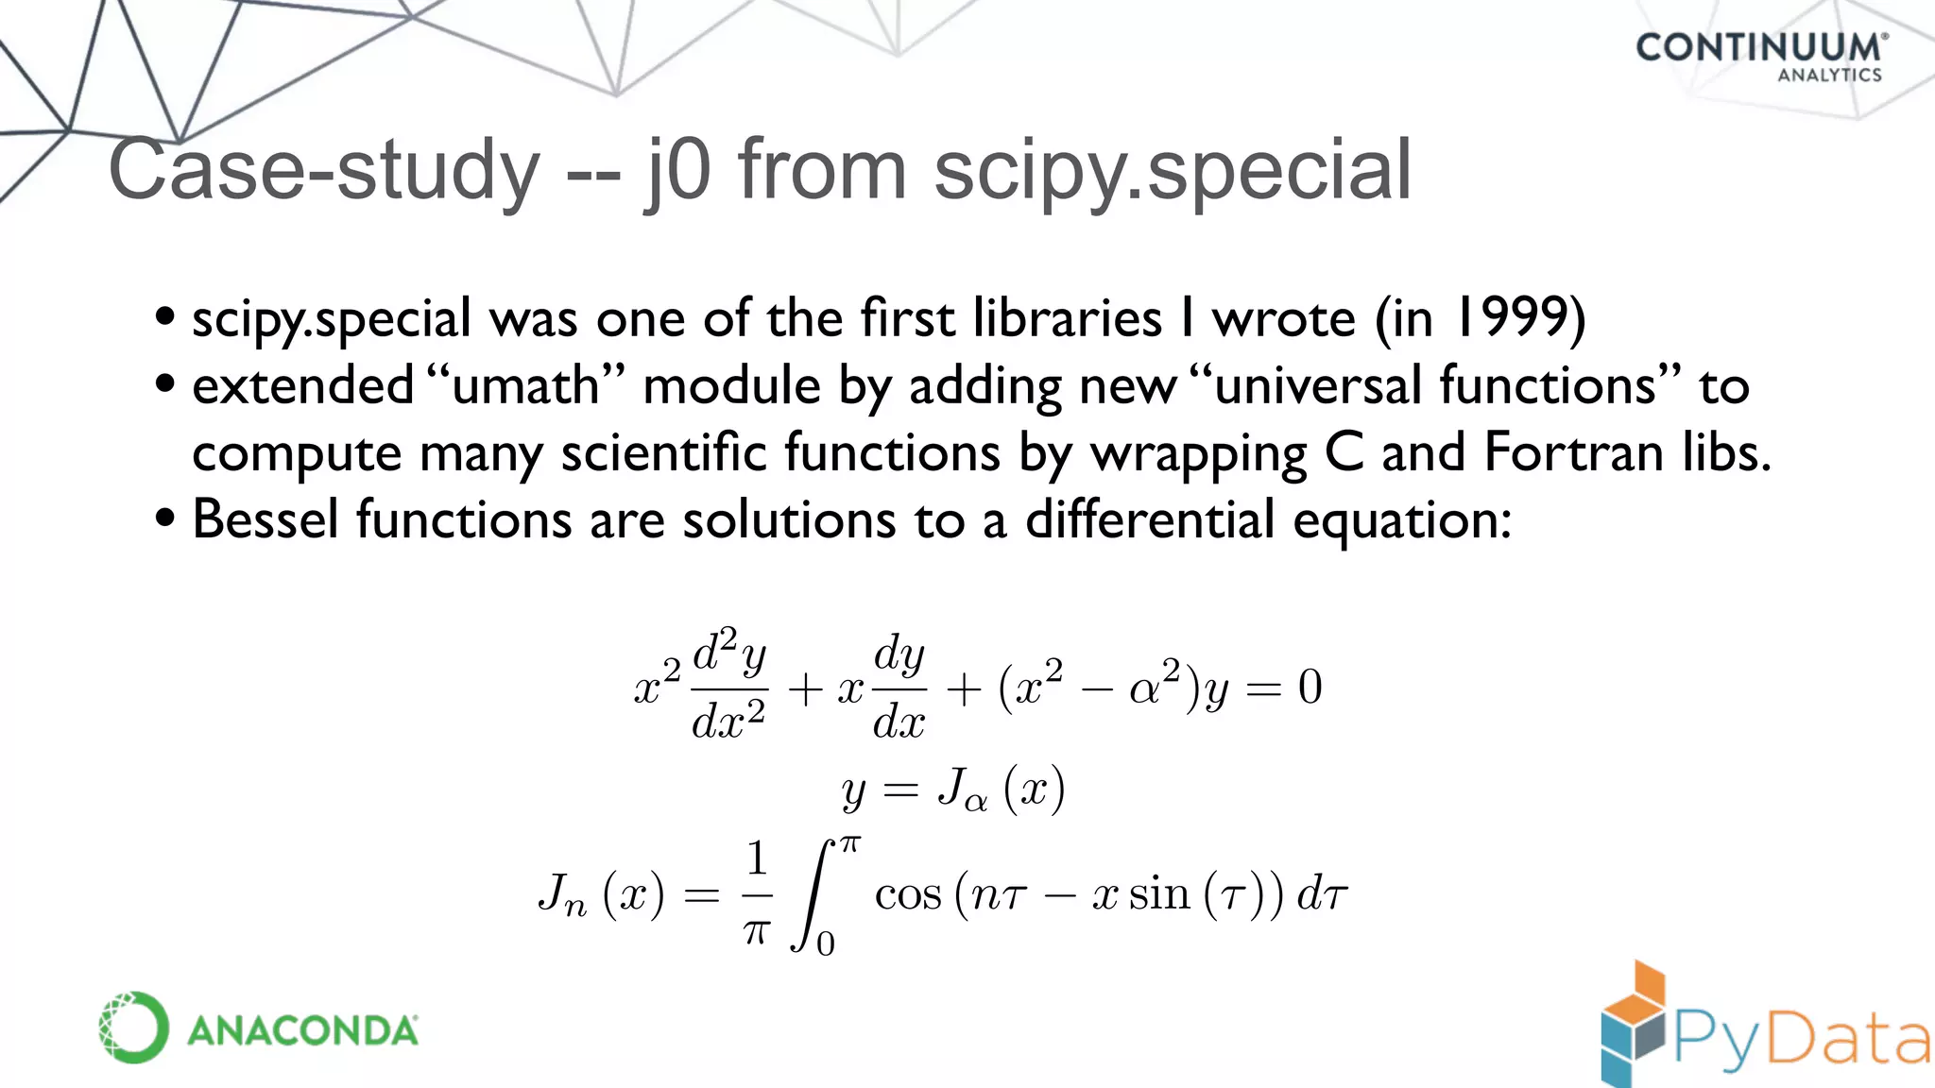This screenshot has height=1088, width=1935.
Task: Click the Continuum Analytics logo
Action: tap(1760, 56)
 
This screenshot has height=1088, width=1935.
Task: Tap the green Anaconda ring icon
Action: tap(133, 1028)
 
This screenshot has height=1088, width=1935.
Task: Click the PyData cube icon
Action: tap(1633, 1026)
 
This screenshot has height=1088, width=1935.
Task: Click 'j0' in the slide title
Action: tap(676, 170)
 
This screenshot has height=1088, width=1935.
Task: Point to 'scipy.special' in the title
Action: tap(1172, 170)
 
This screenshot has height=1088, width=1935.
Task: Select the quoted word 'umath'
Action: tap(525, 385)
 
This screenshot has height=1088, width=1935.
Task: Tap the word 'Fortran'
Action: tap(1573, 452)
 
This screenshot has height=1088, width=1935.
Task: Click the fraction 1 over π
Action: tap(757, 893)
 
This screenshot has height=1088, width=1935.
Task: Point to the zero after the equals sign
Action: tap(1310, 687)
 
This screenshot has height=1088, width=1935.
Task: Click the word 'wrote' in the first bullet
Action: tap(1284, 317)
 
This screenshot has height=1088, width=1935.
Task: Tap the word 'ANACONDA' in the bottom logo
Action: tap(302, 1030)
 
